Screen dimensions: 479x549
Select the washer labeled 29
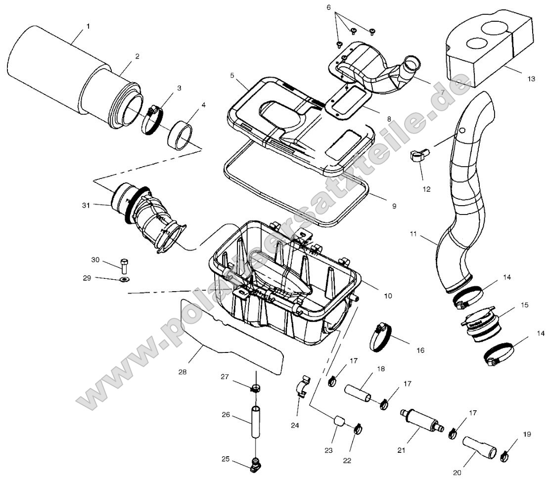[x=124, y=280]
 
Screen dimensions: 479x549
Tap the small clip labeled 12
[x=417, y=157]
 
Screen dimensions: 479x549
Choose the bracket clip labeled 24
[x=302, y=386]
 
